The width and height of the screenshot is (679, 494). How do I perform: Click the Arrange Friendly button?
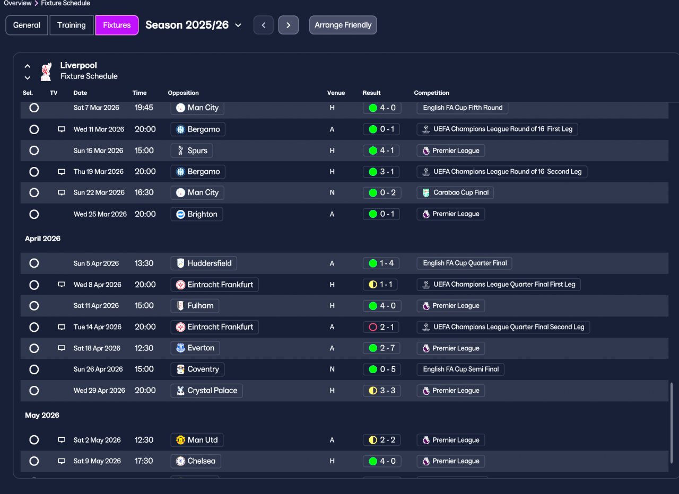(343, 25)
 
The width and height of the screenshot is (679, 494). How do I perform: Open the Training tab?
(71, 25)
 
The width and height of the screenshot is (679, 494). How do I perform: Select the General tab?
(27, 25)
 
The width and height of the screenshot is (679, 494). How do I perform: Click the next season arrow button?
(288, 25)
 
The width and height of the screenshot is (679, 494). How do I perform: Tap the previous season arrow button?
(264, 25)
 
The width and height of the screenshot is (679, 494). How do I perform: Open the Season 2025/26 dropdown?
(194, 25)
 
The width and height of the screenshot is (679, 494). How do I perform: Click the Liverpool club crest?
(46, 72)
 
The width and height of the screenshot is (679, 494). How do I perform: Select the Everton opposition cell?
(195, 348)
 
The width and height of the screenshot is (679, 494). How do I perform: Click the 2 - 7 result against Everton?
(381, 348)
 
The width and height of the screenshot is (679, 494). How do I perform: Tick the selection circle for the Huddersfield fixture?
(34, 263)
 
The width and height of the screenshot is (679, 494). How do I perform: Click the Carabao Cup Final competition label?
(455, 192)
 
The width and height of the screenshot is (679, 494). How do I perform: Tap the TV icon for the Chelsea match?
(62, 461)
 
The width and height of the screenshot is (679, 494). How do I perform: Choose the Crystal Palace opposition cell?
(207, 391)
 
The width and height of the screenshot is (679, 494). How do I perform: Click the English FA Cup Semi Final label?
(460, 369)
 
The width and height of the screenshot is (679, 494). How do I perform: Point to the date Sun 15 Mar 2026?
(98, 151)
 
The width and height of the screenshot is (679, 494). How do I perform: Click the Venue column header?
(336, 93)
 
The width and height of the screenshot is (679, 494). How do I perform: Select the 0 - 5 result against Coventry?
(382, 369)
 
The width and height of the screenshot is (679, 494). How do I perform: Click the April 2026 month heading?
(43, 239)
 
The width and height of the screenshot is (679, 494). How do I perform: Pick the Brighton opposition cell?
(197, 214)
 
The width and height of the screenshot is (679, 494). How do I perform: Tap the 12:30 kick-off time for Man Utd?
(144, 440)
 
